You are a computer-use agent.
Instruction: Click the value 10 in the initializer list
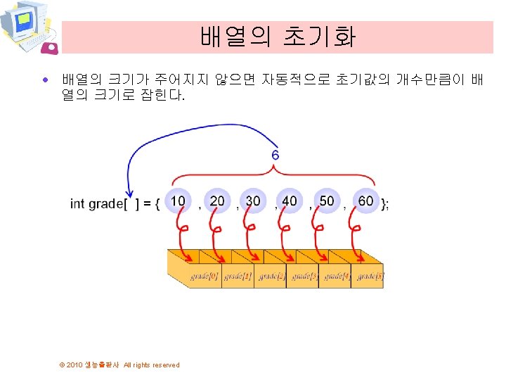[x=178, y=201]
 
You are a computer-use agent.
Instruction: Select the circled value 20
[x=217, y=201]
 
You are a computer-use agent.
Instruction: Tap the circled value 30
[x=253, y=201]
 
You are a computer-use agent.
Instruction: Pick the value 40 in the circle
[x=290, y=201]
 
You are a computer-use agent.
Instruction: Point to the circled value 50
[x=327, y=201]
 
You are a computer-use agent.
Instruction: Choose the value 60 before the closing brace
[x=365, y=201]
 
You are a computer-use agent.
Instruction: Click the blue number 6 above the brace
[x=275, y=154]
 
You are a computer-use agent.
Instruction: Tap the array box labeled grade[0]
[x=205, y=277]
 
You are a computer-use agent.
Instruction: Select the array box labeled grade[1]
[x=238, y=277]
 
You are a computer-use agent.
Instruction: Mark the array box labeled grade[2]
[x=271, y=277]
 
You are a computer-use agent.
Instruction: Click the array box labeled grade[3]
[x=304, y=277]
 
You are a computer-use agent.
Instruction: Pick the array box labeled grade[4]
[x=337, y=277]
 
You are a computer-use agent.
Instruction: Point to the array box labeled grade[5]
[x=370, y=277]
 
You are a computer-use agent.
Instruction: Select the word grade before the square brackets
[x=105, y=204]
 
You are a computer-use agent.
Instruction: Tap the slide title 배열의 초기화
[x=278, y=37]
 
